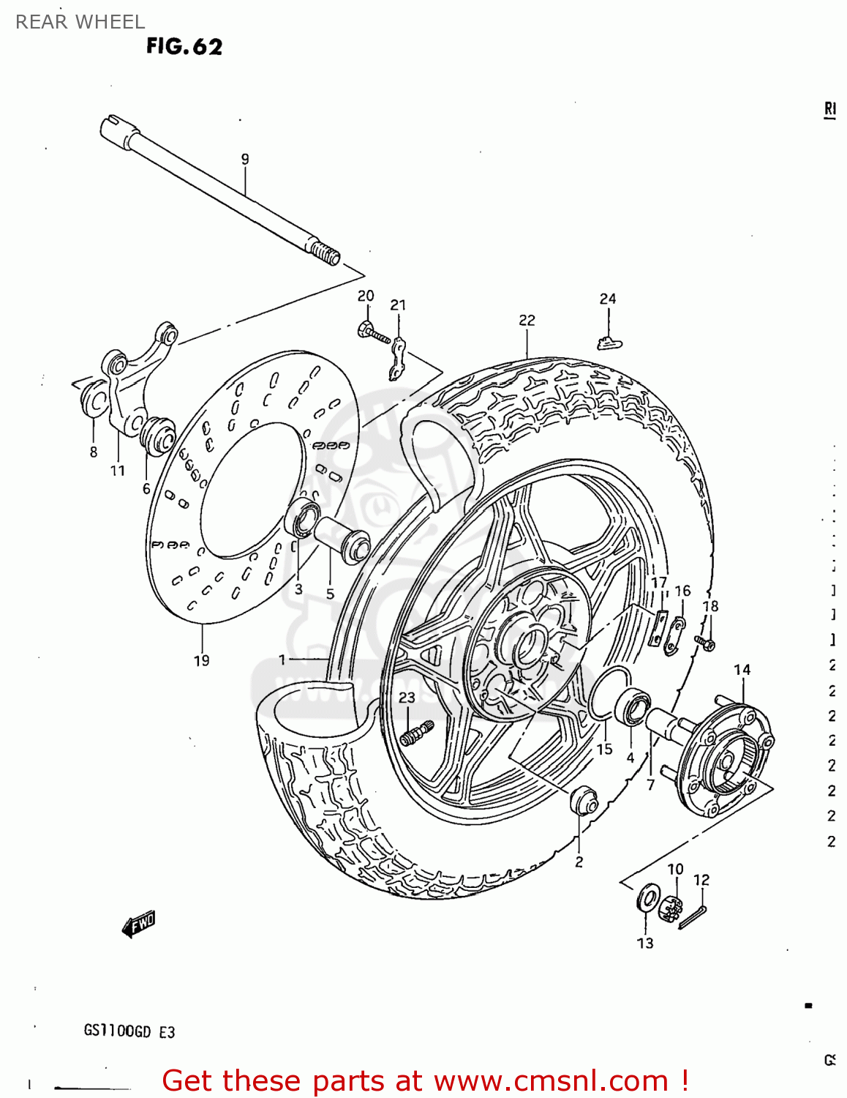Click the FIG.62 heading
click(x=184, y=46)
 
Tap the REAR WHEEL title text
click(x=80, y=22)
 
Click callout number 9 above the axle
click(x=245, y=159)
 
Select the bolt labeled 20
click(x=372, y=332)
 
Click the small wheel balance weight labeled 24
click(x=609, y=341)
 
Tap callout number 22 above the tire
click(x=527, y=320)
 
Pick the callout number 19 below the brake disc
click(x=201, y=660)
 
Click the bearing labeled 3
click(x=303, y=519)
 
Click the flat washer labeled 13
click(x=647, y=898)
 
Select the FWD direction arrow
click(x=139, y=924)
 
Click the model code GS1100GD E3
click(x=129, y=1031)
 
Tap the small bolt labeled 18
click(x=707, y=643)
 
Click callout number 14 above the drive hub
click(x=742, y=670)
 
